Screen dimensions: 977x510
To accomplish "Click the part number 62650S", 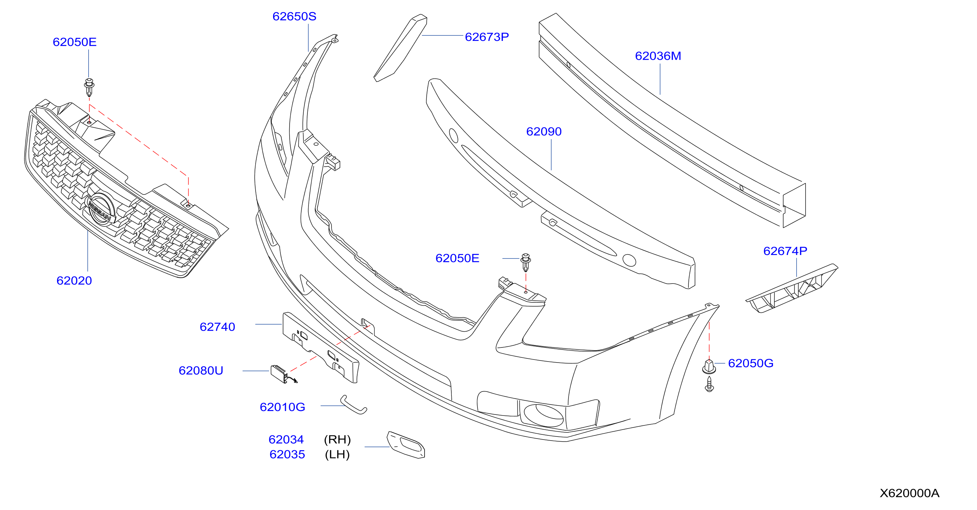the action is pyautogui.click(x=294, y=16).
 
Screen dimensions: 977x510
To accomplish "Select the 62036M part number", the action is pyautogui.click(x=658, y=56).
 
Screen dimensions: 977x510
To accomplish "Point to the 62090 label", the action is pyautogui.click(x=544, y=131).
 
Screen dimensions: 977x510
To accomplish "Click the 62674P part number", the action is pyautogui.click(x=785, y=251).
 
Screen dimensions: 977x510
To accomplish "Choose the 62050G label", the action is pyautogui.click(x=751, y=363).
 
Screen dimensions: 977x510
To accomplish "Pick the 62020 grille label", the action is pyautogui.click(x=74, y=280).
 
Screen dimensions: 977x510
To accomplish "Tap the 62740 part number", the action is pyautogui.click(x=217, y=327).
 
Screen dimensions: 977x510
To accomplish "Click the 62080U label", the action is pyautogui.click(x=201, y=370).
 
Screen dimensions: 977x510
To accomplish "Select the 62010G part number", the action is pyautogui.click(x=283, y=407).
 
